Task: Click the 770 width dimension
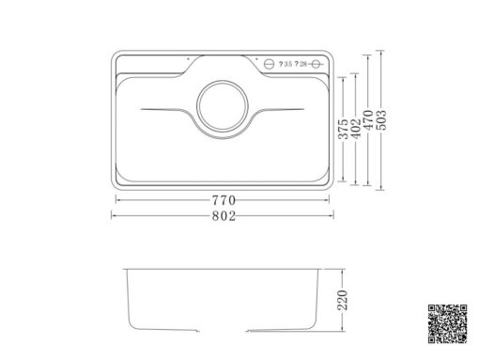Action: point(223,200)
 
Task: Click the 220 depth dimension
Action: point(343,301)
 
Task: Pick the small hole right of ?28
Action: point(317,64)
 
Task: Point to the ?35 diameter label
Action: point(285,64)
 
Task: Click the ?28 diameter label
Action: point(301,64)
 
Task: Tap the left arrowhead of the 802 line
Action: point(116,216)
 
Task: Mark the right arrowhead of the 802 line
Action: point(332,216)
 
